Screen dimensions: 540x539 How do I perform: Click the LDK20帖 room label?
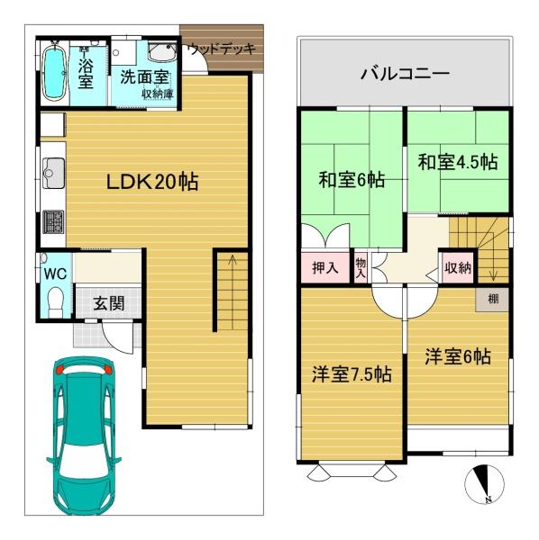pyautogui.click(x=153, y=181)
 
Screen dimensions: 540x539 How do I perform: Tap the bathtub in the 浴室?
pyautogui.click(x=55, y=72)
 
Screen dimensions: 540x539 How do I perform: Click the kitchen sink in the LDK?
pyautogui.click(x=51, y=169)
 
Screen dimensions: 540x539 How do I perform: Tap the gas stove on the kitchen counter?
pyautogui.click(x=51, y=221)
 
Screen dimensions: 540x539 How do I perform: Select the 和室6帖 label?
pyautogui.click(x=351, y=180)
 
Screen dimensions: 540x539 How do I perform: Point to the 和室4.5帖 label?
pyautogui.click(x=457, y=162)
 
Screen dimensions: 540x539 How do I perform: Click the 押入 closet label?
pyautogui.click(x=324, y=267)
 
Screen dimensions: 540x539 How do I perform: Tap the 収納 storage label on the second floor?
pyautogui.click(x=456, y=267)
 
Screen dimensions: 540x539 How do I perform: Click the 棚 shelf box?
pyautogui.click(x=492, y=299)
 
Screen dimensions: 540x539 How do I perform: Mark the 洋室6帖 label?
pyautogui.click(x=458, y=356)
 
